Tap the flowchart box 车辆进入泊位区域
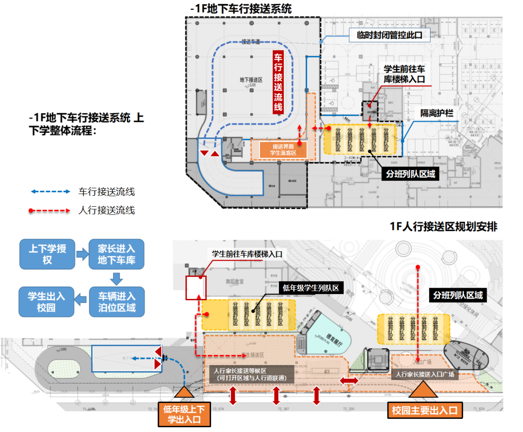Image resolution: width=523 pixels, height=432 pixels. (117, 301)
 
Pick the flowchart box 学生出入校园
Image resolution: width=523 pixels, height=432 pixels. (47, 301)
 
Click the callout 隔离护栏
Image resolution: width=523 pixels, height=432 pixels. (436, 113)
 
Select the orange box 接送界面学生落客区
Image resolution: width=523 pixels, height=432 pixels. (283, 150)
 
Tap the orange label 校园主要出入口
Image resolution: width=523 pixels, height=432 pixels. (425, 410)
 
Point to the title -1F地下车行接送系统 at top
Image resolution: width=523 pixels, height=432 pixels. (241, 8)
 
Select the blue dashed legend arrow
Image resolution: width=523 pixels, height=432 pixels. (50, 192)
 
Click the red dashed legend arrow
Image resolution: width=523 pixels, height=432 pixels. (50, 211)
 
